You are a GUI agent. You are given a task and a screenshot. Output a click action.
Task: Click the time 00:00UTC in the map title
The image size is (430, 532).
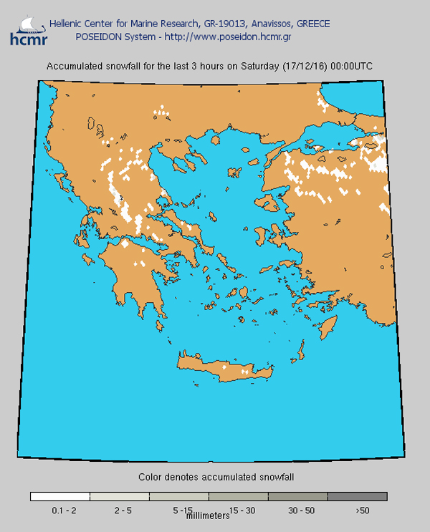point(351,67)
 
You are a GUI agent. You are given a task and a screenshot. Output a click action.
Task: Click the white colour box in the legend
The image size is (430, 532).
point(60,496)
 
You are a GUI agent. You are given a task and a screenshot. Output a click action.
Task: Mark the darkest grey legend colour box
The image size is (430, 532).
point(358,496)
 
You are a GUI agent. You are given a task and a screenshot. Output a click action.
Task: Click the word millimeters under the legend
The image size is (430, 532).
point(209,515)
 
